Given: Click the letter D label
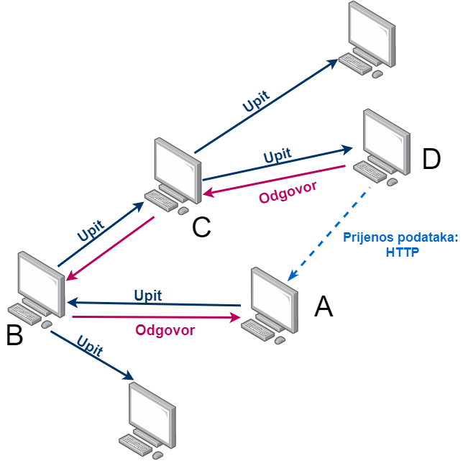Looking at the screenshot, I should pyautogui.click(x=431, y=160).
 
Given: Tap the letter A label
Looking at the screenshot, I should pyautogui.click(x=324, y=307).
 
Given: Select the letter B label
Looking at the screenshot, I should pyautogui.click(x=15, y=335).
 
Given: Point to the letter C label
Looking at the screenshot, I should pyautogui.click(x=201, y=227).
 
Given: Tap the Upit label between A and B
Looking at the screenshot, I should pyautogui.click(x=148, y=295).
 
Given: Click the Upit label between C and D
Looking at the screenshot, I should pyautogui.click(x=277, y=156).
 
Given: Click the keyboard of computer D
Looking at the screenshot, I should pyautogui.click(x=370, y=171).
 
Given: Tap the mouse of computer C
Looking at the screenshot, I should pyautogui.click(x=183, y=210).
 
